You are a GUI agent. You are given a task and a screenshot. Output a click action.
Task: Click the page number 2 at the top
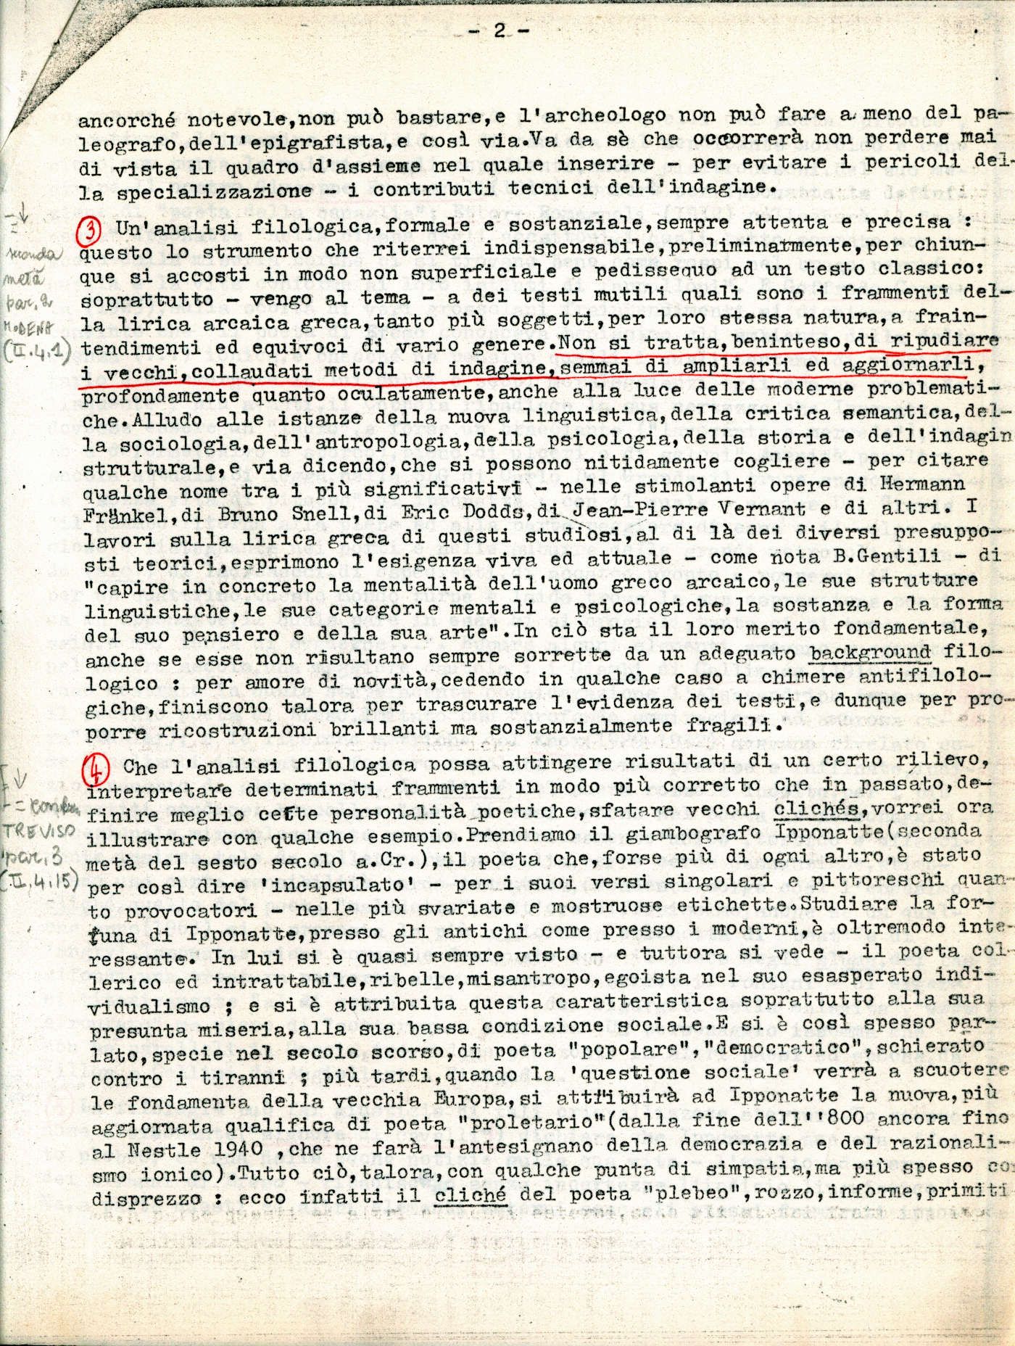(x=500, y=30)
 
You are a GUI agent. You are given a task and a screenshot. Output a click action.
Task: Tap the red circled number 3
(x=94, y=228)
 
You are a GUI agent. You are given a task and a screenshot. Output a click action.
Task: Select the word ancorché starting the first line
(x=126, y=115)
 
